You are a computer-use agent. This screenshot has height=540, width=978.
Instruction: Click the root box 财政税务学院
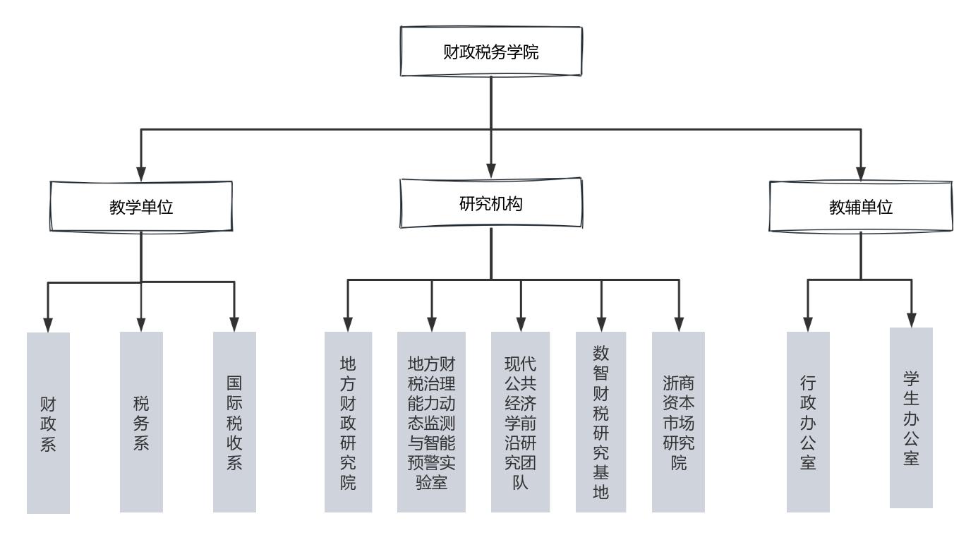(x=491, y=52)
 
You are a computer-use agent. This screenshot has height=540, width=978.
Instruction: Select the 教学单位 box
(x=141, y=207)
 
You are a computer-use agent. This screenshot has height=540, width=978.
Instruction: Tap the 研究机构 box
(x=491, y=203)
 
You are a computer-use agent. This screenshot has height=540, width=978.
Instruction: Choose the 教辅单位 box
(x=861, y=207)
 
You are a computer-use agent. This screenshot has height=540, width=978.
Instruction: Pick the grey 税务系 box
(x=141, y=422)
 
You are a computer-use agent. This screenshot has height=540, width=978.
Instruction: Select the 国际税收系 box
(x=234, y=422)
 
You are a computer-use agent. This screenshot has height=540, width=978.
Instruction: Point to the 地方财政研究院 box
(x=348, y=422)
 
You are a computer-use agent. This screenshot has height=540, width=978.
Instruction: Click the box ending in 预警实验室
(x=431, y=422)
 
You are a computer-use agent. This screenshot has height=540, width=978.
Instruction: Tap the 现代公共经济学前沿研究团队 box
(x=520, y=422)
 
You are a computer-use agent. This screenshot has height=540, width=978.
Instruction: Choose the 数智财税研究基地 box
(x=601, y=422)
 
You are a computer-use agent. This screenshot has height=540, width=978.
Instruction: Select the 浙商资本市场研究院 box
(x=678, y=422)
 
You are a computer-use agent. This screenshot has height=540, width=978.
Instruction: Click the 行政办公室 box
(x=808, y=422)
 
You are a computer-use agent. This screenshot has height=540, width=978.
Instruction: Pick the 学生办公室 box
(x=911, y=418)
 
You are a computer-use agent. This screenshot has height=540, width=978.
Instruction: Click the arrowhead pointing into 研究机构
(x=491, y=172)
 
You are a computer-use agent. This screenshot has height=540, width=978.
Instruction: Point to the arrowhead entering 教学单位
(x=141, y=174)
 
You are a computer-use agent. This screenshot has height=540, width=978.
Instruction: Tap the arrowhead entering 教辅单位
(x=861, y=174)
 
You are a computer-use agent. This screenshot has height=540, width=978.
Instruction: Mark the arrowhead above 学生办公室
(x=911, y=320)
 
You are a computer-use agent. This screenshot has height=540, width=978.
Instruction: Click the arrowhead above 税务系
(x=141, y=325)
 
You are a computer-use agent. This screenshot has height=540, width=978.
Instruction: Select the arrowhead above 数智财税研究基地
(x=601, y=325)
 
